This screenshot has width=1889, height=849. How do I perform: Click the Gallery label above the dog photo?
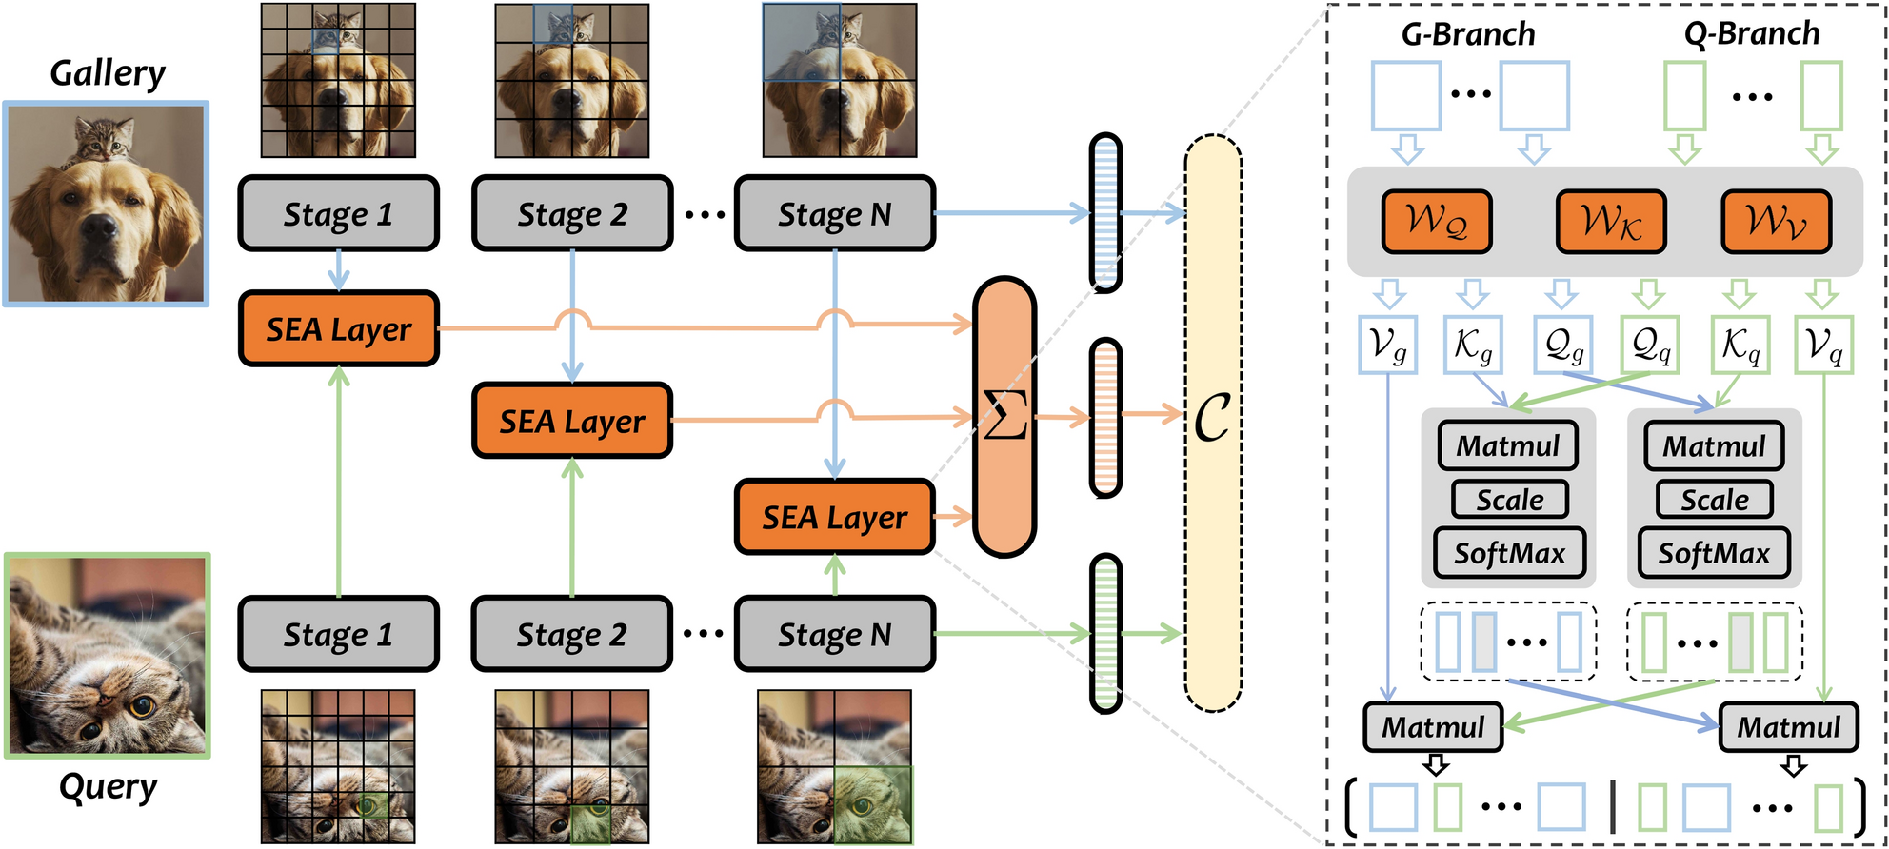tap(107, 73)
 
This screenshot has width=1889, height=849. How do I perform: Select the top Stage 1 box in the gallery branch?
tap(338, 214)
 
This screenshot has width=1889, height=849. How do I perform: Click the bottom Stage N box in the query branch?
tap(834, 635)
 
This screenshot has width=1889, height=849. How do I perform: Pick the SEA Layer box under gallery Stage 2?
tap(571, 422)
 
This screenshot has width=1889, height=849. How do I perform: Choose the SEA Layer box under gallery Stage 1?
tap(338, 329)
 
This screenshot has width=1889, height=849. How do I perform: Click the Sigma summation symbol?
tap(1004, 417)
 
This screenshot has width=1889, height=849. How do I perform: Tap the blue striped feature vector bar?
tap(1104, 212)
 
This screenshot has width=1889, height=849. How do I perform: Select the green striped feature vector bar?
tap(1104, 634)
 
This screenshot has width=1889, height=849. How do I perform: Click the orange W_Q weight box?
tap(1436, 222)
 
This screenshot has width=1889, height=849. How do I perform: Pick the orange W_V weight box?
tap(1776, 222)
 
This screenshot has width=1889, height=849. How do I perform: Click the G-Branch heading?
tap(1468, 34)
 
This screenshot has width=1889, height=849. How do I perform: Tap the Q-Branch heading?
tap(1751, 34)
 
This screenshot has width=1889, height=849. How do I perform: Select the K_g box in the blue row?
tap(1472, 344)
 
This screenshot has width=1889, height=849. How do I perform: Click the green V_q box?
tap(1822, 344)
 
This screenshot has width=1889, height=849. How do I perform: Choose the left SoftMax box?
tap(1509, 553)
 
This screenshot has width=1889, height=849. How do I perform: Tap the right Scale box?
tap(1714, 500)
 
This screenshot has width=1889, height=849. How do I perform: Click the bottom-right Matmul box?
tap(1788, 727)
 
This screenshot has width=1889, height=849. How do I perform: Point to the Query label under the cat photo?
tap(107, 786)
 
